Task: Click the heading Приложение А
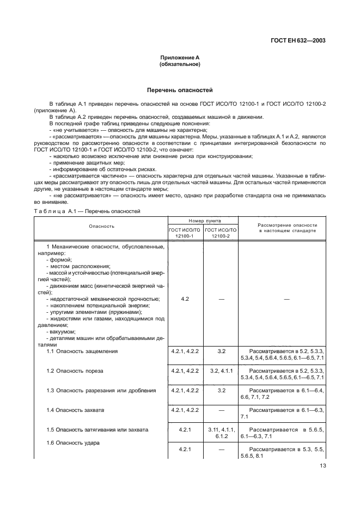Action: click(180, 57)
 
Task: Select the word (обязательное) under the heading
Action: click(180, 64)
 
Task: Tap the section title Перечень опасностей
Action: click(180, 90)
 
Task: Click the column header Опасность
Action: click(102, 226)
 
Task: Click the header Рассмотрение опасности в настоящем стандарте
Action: click(286, 228)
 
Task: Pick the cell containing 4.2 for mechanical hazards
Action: click(185, 299)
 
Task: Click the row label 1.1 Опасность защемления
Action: click(82, 351)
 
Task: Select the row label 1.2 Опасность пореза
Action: click(75, 371)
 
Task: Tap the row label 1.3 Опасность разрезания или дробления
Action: click(94, 390)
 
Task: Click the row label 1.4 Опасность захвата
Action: click(75, 409)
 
